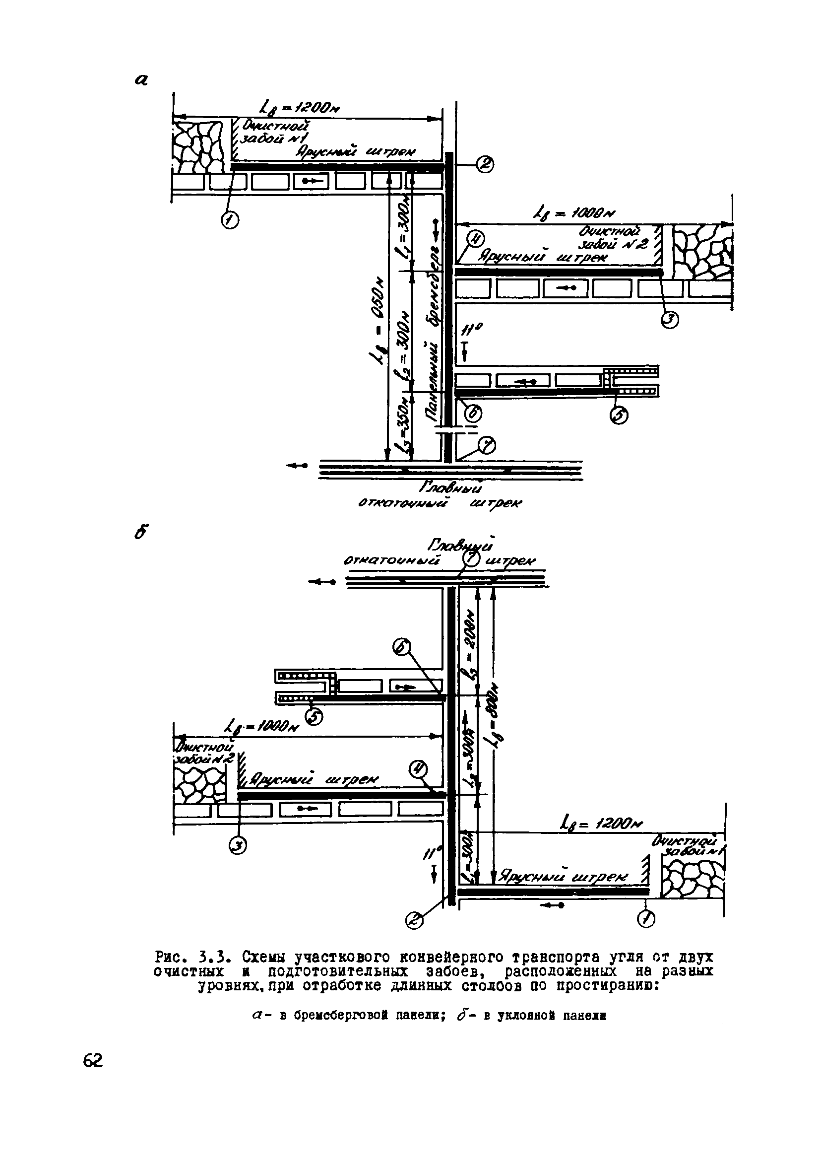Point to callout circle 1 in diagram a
tap(230, 220)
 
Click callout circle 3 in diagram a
tap(670, 320)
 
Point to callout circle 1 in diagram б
tap(646, 919)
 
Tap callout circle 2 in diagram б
tap(414, 921)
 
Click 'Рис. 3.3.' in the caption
tap(194, 956)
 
